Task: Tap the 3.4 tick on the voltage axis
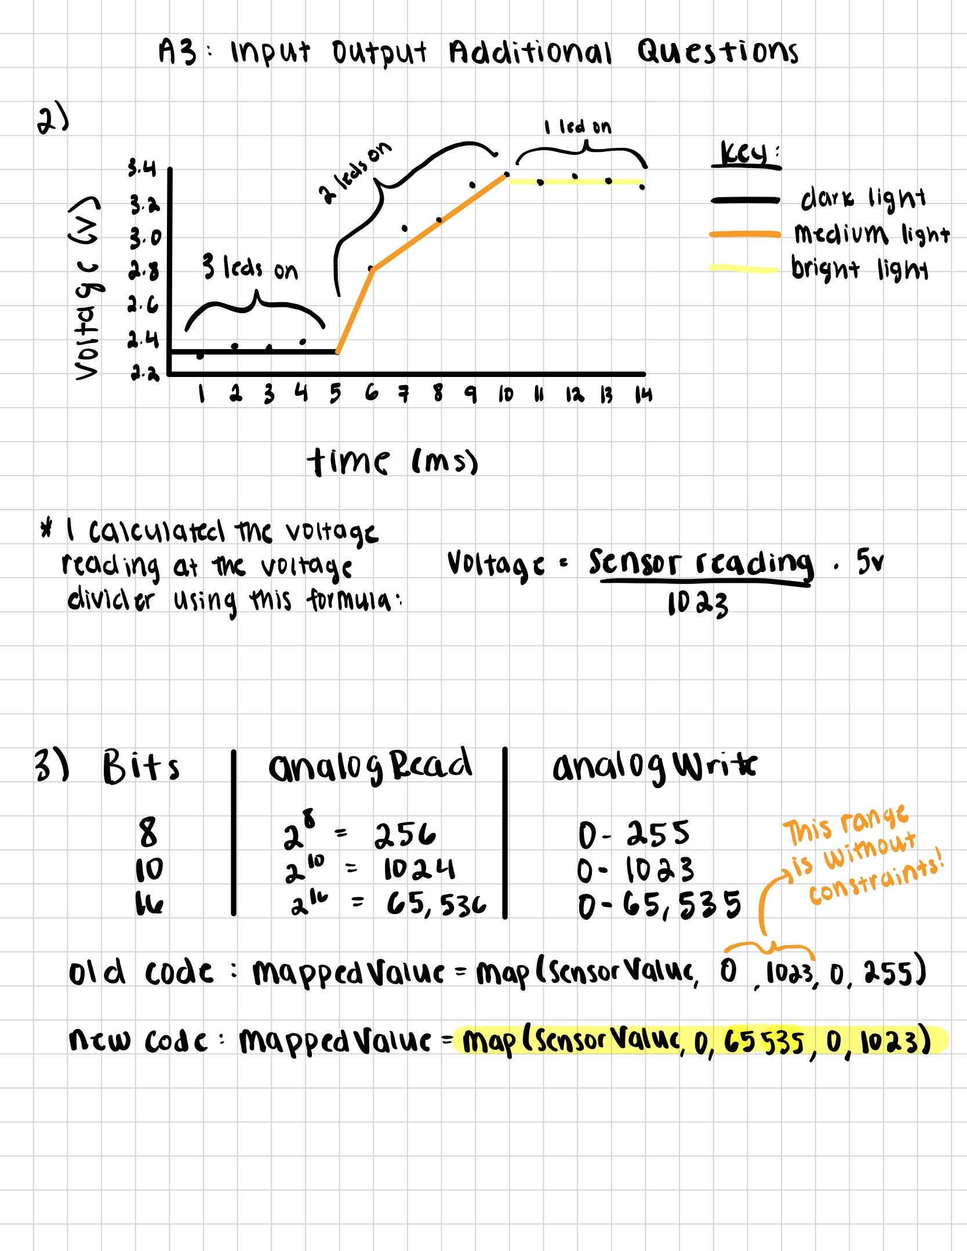pos(142,168)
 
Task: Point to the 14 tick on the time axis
pos(643,395)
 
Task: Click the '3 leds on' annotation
pos(250,268)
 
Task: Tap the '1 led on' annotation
pos(577,126)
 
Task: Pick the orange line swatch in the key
pos(745,234)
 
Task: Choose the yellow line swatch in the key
pos(743,269)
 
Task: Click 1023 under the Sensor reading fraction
pos(697,604)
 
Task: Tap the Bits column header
pos(141,767)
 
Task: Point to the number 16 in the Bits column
pos(149,903)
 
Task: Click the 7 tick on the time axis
pos(403,395)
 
